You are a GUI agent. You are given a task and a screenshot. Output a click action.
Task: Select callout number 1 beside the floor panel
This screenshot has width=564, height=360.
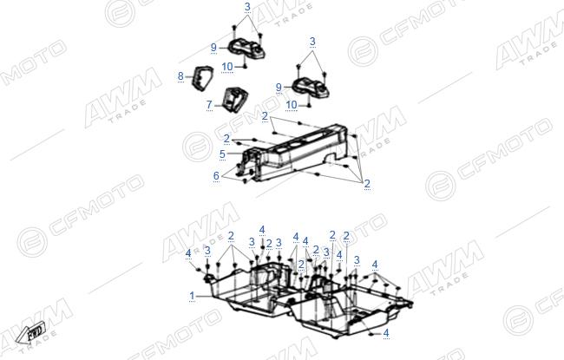192,296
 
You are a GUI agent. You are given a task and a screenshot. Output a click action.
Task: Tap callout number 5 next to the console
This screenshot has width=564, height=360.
222,154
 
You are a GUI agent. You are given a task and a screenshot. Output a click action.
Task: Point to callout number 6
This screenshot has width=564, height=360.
216,175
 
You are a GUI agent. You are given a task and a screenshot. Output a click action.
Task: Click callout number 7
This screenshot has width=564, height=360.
209,105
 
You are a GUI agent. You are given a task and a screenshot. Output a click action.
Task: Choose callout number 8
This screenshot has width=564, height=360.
180,76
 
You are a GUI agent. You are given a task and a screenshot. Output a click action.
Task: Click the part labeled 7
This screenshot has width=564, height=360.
234,99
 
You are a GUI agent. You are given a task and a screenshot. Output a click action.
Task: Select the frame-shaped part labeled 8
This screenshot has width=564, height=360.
201,78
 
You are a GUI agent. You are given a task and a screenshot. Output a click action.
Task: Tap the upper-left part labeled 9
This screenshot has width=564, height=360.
247,50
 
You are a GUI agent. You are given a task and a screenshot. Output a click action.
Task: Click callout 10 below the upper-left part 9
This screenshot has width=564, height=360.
227,67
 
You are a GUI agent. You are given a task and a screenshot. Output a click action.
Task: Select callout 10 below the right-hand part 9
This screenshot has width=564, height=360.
292,105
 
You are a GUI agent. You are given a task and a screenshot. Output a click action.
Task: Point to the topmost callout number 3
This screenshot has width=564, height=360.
247,7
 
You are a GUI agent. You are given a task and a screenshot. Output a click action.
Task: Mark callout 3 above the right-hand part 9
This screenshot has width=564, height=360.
312,42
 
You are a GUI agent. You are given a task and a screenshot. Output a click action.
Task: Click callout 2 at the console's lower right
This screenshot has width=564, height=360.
367,184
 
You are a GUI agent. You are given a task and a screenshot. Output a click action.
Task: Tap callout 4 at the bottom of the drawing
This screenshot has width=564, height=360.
386,333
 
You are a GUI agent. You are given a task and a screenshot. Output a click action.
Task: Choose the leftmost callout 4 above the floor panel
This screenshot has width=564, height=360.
188,253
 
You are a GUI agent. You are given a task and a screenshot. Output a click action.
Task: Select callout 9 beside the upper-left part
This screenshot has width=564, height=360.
213,48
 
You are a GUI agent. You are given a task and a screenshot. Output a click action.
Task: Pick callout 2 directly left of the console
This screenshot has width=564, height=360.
226,139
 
